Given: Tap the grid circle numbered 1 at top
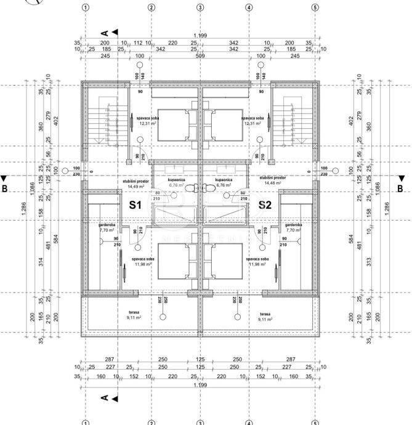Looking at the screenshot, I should [85, 8].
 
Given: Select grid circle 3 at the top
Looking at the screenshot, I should [200, 8].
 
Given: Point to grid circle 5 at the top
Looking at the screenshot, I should [315, 8].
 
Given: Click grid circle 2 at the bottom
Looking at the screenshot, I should [151, 423].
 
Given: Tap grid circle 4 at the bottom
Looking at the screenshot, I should [249, 423].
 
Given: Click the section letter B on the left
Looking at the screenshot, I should [4, 188].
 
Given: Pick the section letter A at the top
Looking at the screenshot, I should [105, 32].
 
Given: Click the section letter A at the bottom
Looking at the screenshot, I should [105, 398].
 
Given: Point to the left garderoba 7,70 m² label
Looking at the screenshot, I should [107, 227].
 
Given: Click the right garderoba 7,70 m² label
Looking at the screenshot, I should [293, 227].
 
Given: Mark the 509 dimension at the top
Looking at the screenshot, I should [200, 56].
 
